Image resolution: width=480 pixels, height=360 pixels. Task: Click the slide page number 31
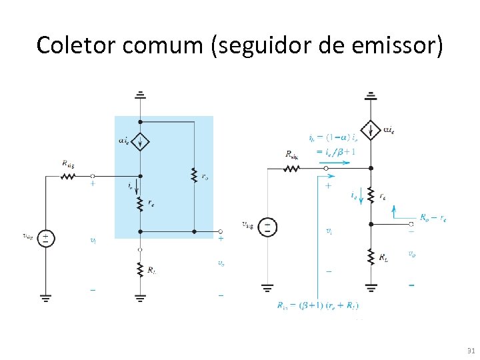[x=470, y=351]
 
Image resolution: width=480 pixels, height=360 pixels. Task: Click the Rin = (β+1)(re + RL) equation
[x=317, y=306]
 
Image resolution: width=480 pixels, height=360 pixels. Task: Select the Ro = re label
[x=433, y=217]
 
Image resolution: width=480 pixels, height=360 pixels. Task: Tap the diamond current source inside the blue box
[x=140, y=141]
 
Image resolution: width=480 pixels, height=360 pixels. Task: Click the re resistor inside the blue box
[x=140, y=203]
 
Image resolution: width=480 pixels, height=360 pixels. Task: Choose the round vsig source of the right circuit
[x=267, y=227]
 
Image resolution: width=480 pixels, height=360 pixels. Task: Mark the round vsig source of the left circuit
[x=45, y=237]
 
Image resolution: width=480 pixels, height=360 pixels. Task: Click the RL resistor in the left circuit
[x=140, y=269]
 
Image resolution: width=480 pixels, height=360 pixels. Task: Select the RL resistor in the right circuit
[x=371, y=256]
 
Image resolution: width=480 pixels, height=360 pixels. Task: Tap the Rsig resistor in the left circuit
[x=68, y=177]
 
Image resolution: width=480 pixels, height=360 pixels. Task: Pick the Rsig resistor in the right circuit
[x=291, y=169]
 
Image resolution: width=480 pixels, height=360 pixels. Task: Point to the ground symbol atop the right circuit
[x=371, y=95]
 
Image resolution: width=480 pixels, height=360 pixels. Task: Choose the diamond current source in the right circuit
[x=371, y=129]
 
